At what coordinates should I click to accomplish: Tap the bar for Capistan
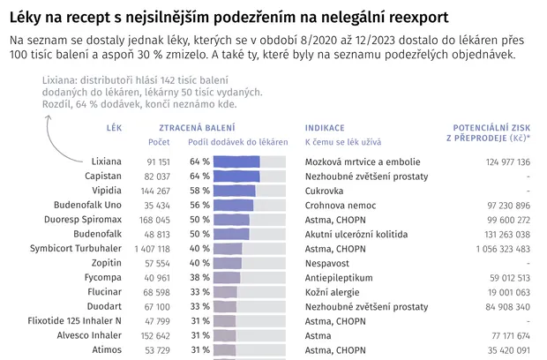pyautogui.click(x=236, y=176)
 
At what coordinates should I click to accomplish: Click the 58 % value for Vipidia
pyautogui.click(x=199, y=191)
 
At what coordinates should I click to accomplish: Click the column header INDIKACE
pyautogui.click(x=325, y=128)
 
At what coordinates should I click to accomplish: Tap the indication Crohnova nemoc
pyautogui.click(x=341, y=206)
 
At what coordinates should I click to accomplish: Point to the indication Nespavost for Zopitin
pyautogui.click(x=328, y=263)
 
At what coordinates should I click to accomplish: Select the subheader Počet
pyautogui.click(x=159, y=141)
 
